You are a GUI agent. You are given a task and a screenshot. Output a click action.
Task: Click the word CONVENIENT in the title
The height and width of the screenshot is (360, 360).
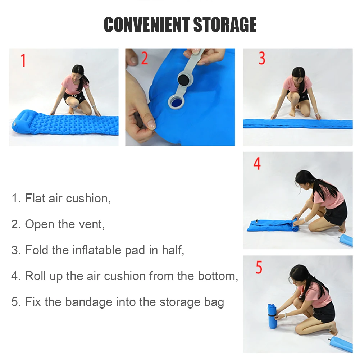pos(147,24)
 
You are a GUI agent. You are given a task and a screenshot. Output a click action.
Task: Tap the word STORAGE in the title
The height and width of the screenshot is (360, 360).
pos(225,24)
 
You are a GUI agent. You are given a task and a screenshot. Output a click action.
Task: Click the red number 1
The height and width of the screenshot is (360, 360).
pos(23,60)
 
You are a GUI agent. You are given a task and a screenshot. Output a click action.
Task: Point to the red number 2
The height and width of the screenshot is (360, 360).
pos(145,58)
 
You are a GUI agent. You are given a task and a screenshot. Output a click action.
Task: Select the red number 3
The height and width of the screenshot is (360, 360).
pos(262,58)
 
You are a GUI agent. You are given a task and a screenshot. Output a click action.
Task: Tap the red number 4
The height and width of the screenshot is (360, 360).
pos(257,164)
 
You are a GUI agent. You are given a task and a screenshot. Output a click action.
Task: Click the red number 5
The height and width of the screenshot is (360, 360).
pos(259,267)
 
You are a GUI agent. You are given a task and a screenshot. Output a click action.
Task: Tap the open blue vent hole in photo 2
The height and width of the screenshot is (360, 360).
pos(176,102)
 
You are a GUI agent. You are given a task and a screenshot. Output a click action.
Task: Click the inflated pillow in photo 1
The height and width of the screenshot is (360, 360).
pos(23,121)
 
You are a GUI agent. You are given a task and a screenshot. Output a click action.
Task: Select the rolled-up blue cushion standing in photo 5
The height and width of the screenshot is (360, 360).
pos(272,316)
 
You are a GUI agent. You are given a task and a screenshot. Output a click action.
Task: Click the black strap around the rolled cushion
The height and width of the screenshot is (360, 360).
pos(272,316)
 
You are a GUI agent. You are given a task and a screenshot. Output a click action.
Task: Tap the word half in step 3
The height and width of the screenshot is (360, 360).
pos(173,250)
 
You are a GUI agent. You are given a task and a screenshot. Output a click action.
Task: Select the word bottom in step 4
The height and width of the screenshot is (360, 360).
pos(218,276)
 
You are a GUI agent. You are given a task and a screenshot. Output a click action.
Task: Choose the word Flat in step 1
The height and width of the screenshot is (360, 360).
pos(35,199)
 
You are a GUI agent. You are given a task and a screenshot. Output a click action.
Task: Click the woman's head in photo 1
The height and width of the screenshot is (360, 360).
pos(78,71)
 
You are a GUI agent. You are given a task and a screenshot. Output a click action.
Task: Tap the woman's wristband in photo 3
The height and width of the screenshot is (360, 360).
pos(317,114)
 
